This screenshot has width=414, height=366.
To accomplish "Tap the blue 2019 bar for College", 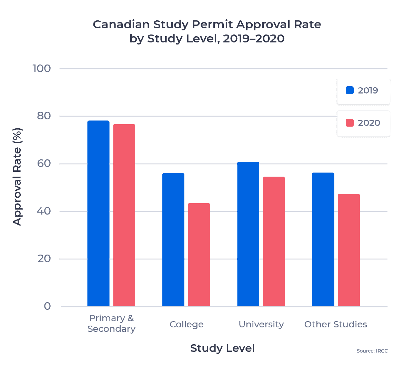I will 173,239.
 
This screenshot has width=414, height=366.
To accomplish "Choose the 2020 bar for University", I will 274,241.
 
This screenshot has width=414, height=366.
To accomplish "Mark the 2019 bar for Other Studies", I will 323,239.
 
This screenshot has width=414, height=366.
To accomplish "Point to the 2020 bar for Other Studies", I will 349,250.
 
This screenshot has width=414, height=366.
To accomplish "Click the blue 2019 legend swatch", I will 350,90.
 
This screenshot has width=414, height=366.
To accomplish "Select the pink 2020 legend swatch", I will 350,123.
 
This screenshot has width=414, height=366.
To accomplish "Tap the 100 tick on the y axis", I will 42,68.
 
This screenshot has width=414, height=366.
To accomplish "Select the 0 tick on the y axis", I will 47,306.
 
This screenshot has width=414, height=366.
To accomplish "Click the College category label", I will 186,325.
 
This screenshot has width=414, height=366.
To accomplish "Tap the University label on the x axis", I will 261,325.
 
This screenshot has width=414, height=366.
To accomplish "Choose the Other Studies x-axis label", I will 336,325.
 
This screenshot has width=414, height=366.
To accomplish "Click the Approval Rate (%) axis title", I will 17,177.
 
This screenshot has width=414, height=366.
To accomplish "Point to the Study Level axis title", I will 222,348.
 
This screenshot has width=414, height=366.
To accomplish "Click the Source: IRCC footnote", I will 372,351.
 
